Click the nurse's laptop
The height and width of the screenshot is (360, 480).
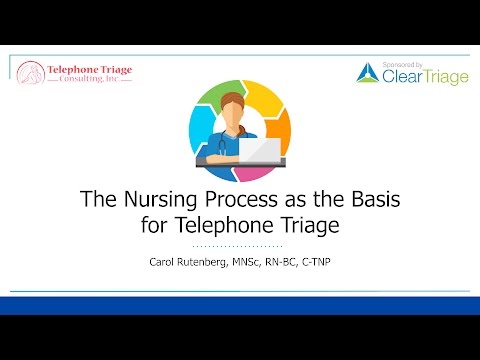pyautogui.click(x=261, y=150)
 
